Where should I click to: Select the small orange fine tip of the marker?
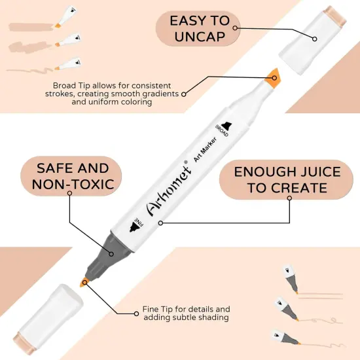tap(84, 282)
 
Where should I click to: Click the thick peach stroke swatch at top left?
tap(29, 47)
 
